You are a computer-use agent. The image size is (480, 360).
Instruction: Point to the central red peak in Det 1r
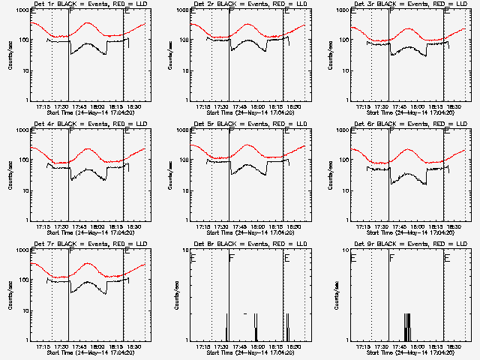(89, 22)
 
